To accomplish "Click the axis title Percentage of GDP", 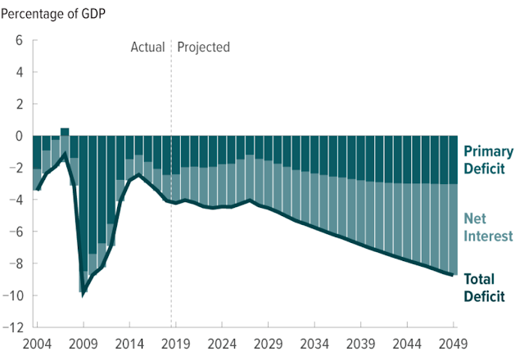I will [54, 14].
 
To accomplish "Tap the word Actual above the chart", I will [148, 47].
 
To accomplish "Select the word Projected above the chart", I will [204, 47].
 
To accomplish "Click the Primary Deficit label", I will [488, 160].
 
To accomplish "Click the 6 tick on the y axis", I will [20, 40].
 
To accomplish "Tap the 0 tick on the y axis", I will [20, 136].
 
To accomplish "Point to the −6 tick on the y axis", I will [16, 232].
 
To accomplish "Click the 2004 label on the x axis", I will [37, 343].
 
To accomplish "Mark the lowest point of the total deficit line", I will [83, 292].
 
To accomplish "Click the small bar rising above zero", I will [65, 132].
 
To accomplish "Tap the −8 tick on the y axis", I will [16, 263].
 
